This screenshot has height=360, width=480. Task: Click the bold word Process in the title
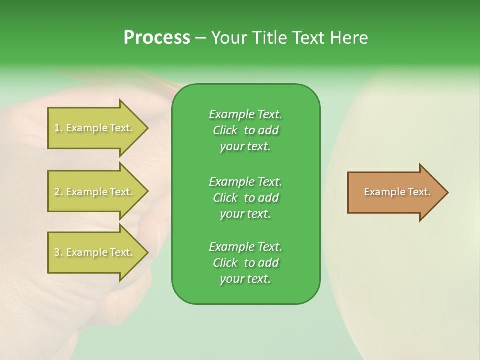[157, 38]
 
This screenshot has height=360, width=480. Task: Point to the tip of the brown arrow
[447, 192]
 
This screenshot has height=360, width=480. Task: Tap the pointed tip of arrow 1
[147, 128]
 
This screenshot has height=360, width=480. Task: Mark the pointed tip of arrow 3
[147, 252]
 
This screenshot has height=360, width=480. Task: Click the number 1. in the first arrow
[58, 128]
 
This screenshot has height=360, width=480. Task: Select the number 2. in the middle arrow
[58, 192]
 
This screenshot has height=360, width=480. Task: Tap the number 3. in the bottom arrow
[58, 253]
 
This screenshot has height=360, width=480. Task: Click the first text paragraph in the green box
[245, 130]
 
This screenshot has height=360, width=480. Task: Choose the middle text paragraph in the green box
[245, 198]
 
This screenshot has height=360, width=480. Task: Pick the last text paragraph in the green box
[245, 263]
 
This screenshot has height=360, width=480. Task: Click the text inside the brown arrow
[397, 192]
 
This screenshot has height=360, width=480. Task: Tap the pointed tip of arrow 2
[147, 192]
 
